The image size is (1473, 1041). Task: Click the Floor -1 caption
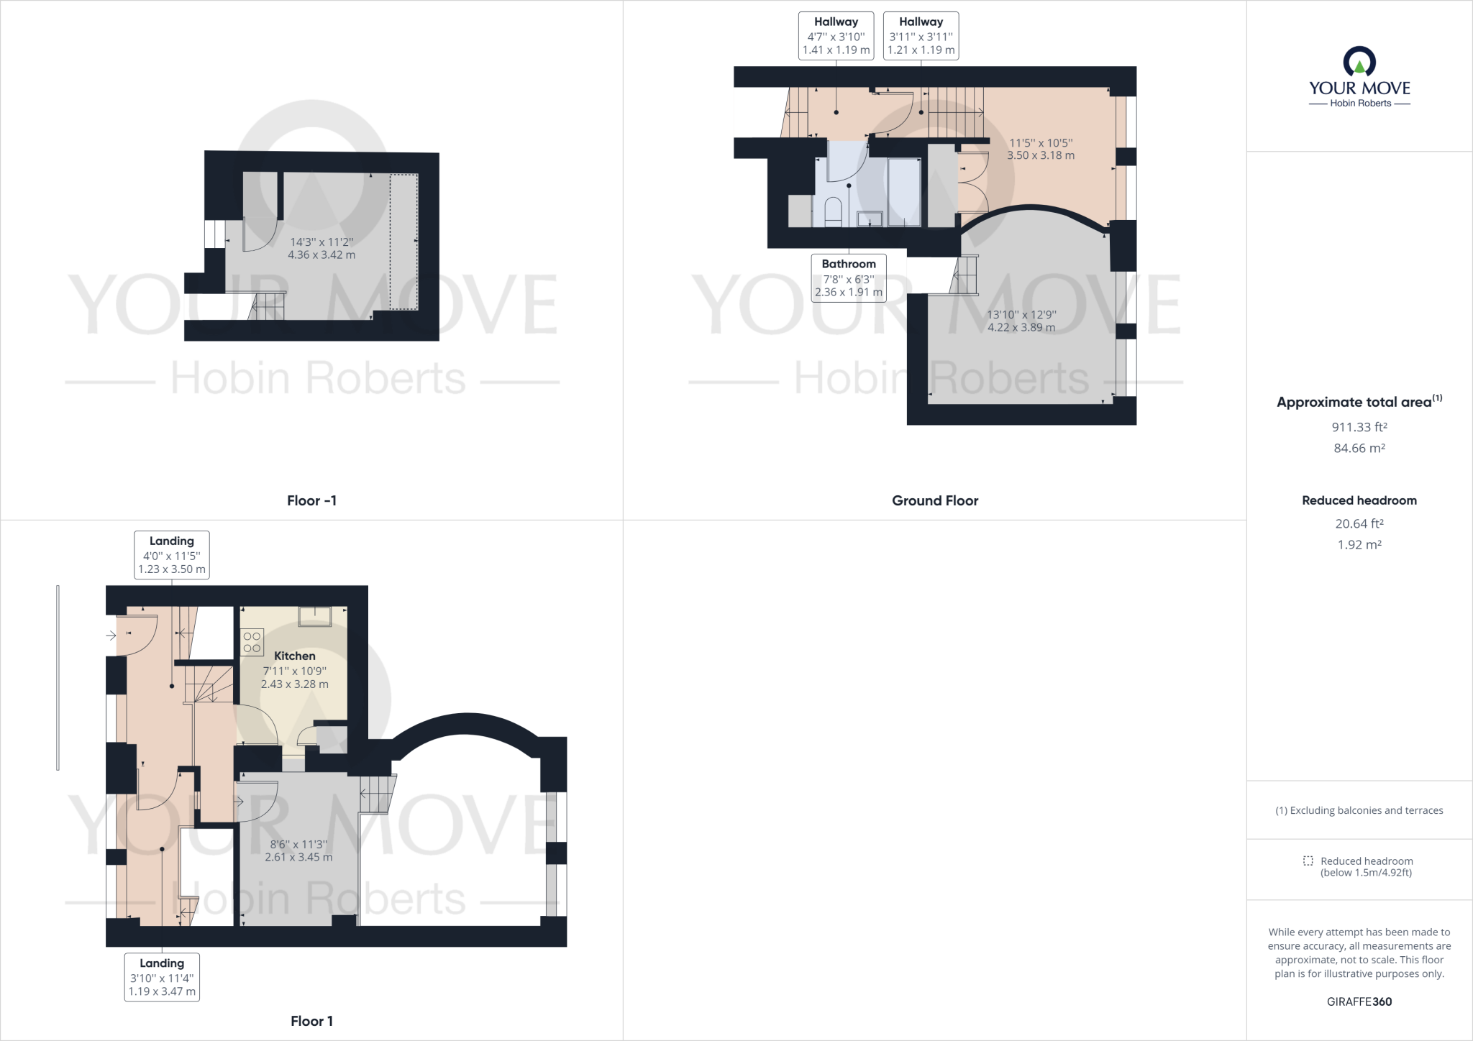coord(311,500)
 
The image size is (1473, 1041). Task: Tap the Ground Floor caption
coord(934,500)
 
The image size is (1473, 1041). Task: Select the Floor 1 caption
coord(311,1021)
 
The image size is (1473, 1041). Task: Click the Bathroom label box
coord(849,278)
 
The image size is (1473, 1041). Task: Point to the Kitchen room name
coord(294,656)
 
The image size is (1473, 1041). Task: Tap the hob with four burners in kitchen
coord(252,642)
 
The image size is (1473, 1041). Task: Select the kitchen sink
coord(315,617)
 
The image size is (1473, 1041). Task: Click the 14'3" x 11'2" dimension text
coord(321,242)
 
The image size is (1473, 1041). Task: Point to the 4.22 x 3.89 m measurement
coord(1021,328)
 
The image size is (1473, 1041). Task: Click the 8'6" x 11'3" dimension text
coord(298,844)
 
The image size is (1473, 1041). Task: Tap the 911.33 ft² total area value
coord(1359,427)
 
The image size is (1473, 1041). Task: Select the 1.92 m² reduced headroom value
coord(1359,545)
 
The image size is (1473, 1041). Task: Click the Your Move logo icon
coord(1359,62)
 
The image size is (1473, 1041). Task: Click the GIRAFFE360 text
coord(1359,1001)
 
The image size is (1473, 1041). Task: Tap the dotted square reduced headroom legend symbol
coord(1308,861)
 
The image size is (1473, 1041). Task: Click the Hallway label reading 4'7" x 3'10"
coord(836,36)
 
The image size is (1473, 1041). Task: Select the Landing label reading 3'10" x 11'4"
coord(162,977)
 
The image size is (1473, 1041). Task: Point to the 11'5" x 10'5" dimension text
coord(1040,143)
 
